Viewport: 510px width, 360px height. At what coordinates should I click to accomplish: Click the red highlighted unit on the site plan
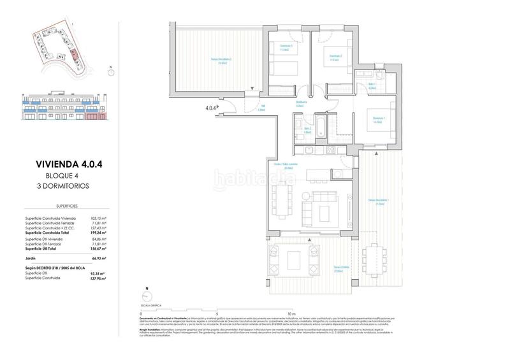pos(75,54)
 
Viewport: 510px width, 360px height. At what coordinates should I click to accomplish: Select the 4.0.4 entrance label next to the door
pos(212,108)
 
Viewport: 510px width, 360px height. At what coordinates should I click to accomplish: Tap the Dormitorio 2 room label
pos(335,57)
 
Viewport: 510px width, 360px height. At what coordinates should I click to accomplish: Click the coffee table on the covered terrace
pos(294,260)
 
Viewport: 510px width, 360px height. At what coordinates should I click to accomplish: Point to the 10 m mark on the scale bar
pos(291,314)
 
